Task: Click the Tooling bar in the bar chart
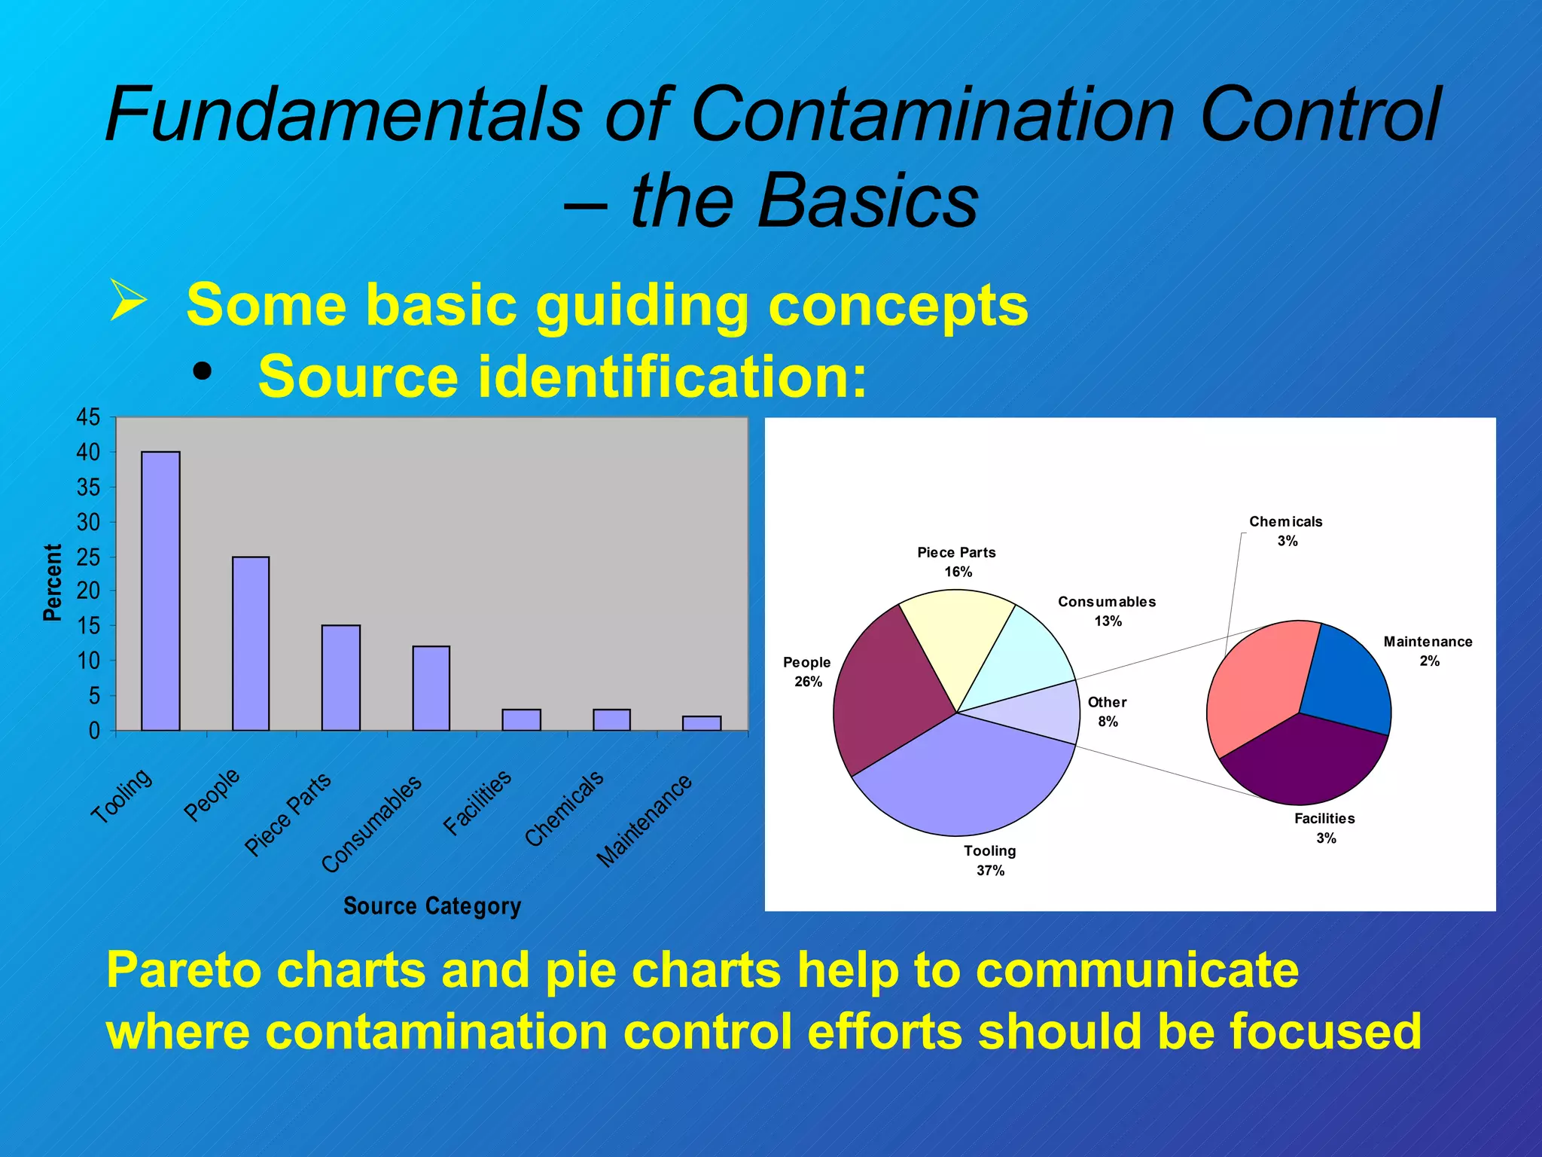click(x=160, y=591)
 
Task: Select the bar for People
click(x=251, y=644)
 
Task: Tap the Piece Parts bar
click(x=340, y=678)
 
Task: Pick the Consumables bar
click(x=431, y=688)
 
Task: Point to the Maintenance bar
click(x=701, y=723)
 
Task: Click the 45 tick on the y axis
click(x=88, y=417)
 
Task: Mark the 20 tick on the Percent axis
click(x=88, y=591)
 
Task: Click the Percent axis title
click(x=52, y=582)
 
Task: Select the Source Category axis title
click(x=431, y=905)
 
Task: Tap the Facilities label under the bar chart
click(x=477, y=802)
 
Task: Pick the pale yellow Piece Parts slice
click(x=956, y=633)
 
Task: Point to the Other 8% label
click(x=1107, y=712)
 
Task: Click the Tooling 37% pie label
click(x=990, y=860)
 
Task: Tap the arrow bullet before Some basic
click(x=128, y=300)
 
